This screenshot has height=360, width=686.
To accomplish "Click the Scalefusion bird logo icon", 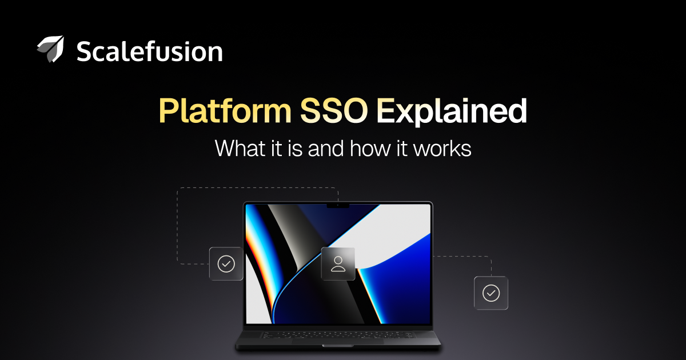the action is tap(51, 49).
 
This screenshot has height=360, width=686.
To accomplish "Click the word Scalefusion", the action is tap(149, 51).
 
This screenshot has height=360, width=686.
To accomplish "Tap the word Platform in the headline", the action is tap(225, 110).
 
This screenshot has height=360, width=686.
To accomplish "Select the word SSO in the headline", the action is tap(334, 110).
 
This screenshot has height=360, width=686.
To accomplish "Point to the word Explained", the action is tap(452, 111).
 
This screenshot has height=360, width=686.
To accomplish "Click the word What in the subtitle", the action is tap(240, 149).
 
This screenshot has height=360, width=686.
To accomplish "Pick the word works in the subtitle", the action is tap(442, 149).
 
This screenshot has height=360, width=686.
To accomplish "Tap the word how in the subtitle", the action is tap(370, 149).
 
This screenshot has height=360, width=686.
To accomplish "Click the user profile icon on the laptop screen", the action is tap(338, 264).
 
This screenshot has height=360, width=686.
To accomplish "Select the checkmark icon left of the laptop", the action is tap(226, 264).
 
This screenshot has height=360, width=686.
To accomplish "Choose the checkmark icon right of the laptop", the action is tap(491, 293).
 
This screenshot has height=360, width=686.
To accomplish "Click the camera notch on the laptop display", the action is tap(338, 205).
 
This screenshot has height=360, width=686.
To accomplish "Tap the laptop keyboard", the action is tap(338, 335).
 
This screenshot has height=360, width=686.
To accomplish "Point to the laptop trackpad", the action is tap(338, 342).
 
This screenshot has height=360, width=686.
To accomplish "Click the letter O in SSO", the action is tap(355, 110).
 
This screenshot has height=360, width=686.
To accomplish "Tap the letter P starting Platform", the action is tap(169, 110).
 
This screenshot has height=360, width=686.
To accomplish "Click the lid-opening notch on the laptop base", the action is tap(338, 346).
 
